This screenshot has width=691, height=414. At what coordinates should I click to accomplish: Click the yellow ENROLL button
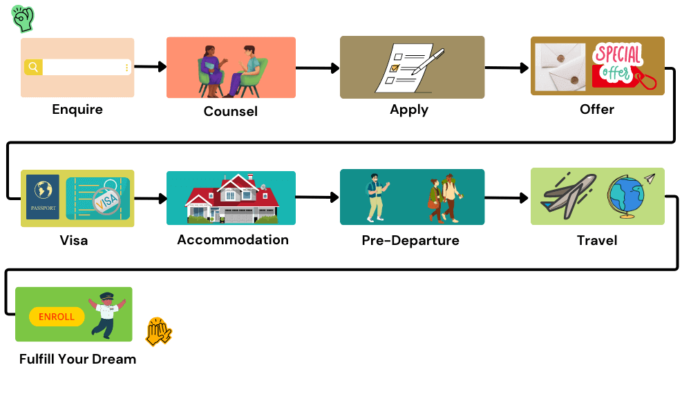tap(57, 317)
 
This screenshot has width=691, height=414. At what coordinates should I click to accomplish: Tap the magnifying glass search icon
tap(33, 67)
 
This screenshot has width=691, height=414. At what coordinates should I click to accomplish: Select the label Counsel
tap(230, 111)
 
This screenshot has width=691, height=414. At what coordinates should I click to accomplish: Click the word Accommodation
tap(233, 239)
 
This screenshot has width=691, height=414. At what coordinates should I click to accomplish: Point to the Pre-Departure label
tap(410, 240)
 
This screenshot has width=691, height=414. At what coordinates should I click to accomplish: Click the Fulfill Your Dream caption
tap(77, 359)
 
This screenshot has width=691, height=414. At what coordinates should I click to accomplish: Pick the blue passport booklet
tap(43, 197)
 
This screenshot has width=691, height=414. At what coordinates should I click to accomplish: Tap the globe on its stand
tap(626, 195)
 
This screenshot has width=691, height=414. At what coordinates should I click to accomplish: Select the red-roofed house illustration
tap(231, 199)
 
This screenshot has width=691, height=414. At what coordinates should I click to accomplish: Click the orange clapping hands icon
tap(158, 332)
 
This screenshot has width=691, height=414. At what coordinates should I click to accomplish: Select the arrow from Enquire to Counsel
tap(150, 67)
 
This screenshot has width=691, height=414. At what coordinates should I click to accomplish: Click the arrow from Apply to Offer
tap(507, 68)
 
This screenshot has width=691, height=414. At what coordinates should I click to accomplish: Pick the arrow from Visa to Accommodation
tap(150, 199)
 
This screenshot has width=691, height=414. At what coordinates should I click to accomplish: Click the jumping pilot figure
tap(105, 314)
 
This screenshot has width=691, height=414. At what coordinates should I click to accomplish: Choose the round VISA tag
tap(106, 201)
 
